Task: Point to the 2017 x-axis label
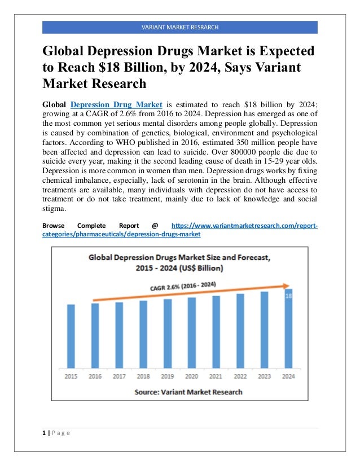119,376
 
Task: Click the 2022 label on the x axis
240,376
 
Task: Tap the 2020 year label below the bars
191,376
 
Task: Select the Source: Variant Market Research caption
188,392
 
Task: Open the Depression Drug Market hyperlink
117,104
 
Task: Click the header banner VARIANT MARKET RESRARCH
180,27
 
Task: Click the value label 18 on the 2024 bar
289,296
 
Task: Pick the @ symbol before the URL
155,226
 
